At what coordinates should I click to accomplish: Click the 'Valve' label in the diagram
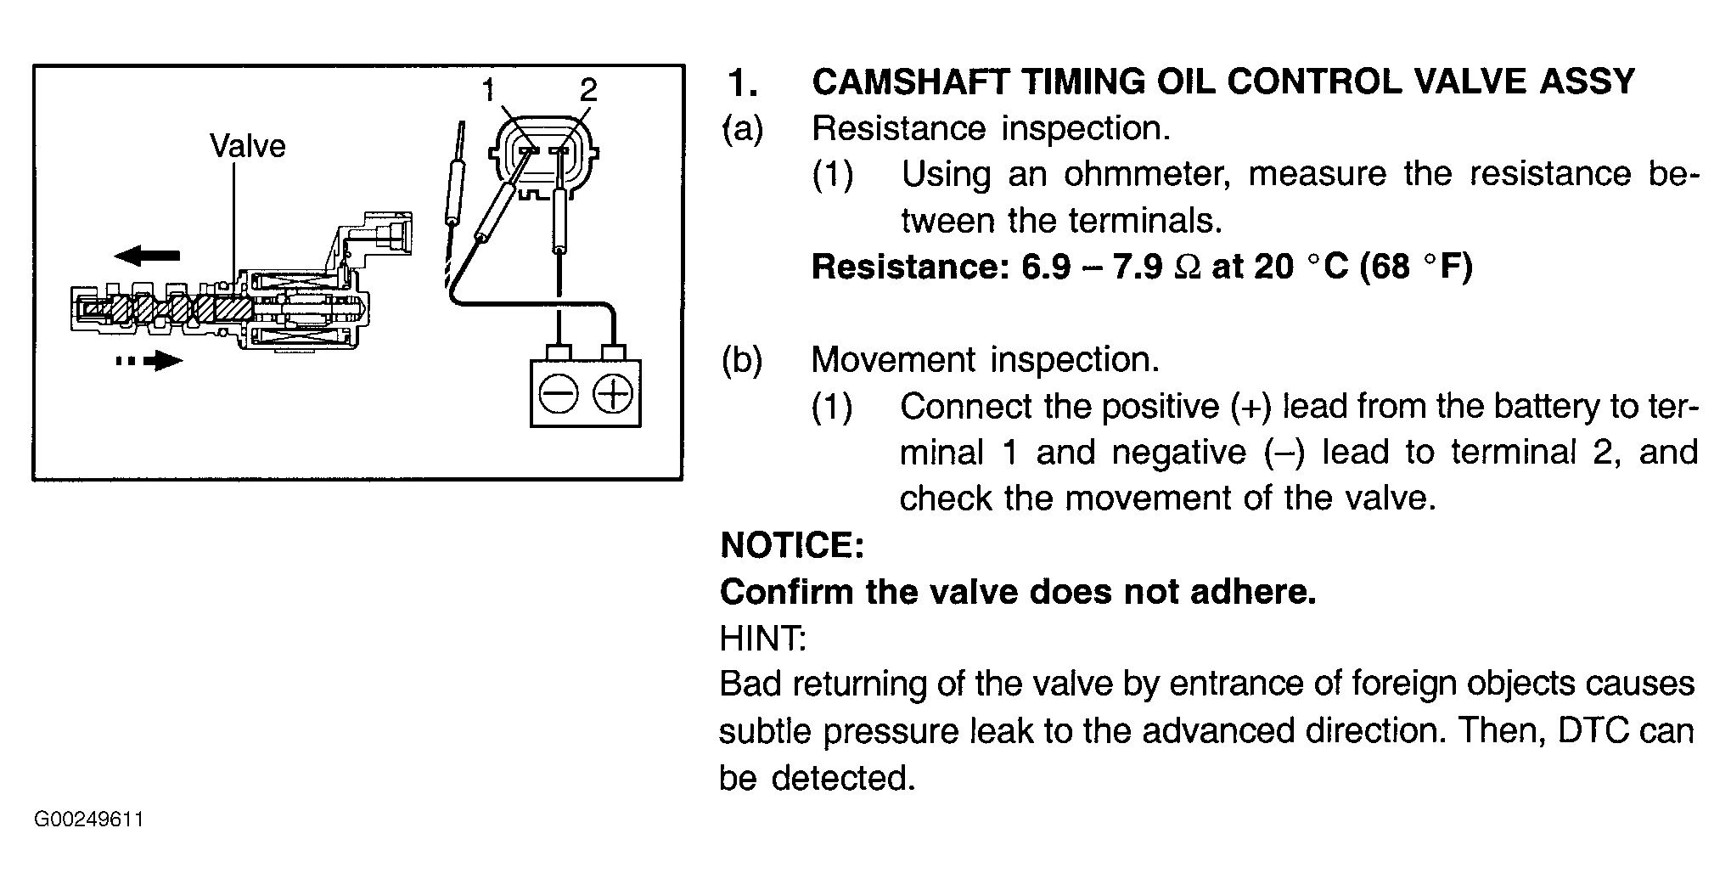pyautogui.click(x=248, y=146)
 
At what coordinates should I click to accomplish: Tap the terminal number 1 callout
pyautogui.click(x=488, y=90)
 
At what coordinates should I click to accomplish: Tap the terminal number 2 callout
pyautogui.click(x=589, y=90)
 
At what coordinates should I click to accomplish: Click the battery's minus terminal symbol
pyautogui.click(x=559, y=395)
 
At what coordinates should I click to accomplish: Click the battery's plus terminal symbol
pyautogui.click(x=613, y=395)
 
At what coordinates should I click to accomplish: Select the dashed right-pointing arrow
pyautogui.click(x=149, y=362)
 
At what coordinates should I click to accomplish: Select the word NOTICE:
pyautogui.click(x=792, y=544)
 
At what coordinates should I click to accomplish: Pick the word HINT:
pyautogui.click(x=762, y=638)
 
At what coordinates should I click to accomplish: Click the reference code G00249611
pyautogui.click(x=89, y=820)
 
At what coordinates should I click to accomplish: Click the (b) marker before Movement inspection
pyautogui.click(x=743, y=361)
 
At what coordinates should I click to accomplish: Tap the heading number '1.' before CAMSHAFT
pyautogui.click(x=743, y=82)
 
